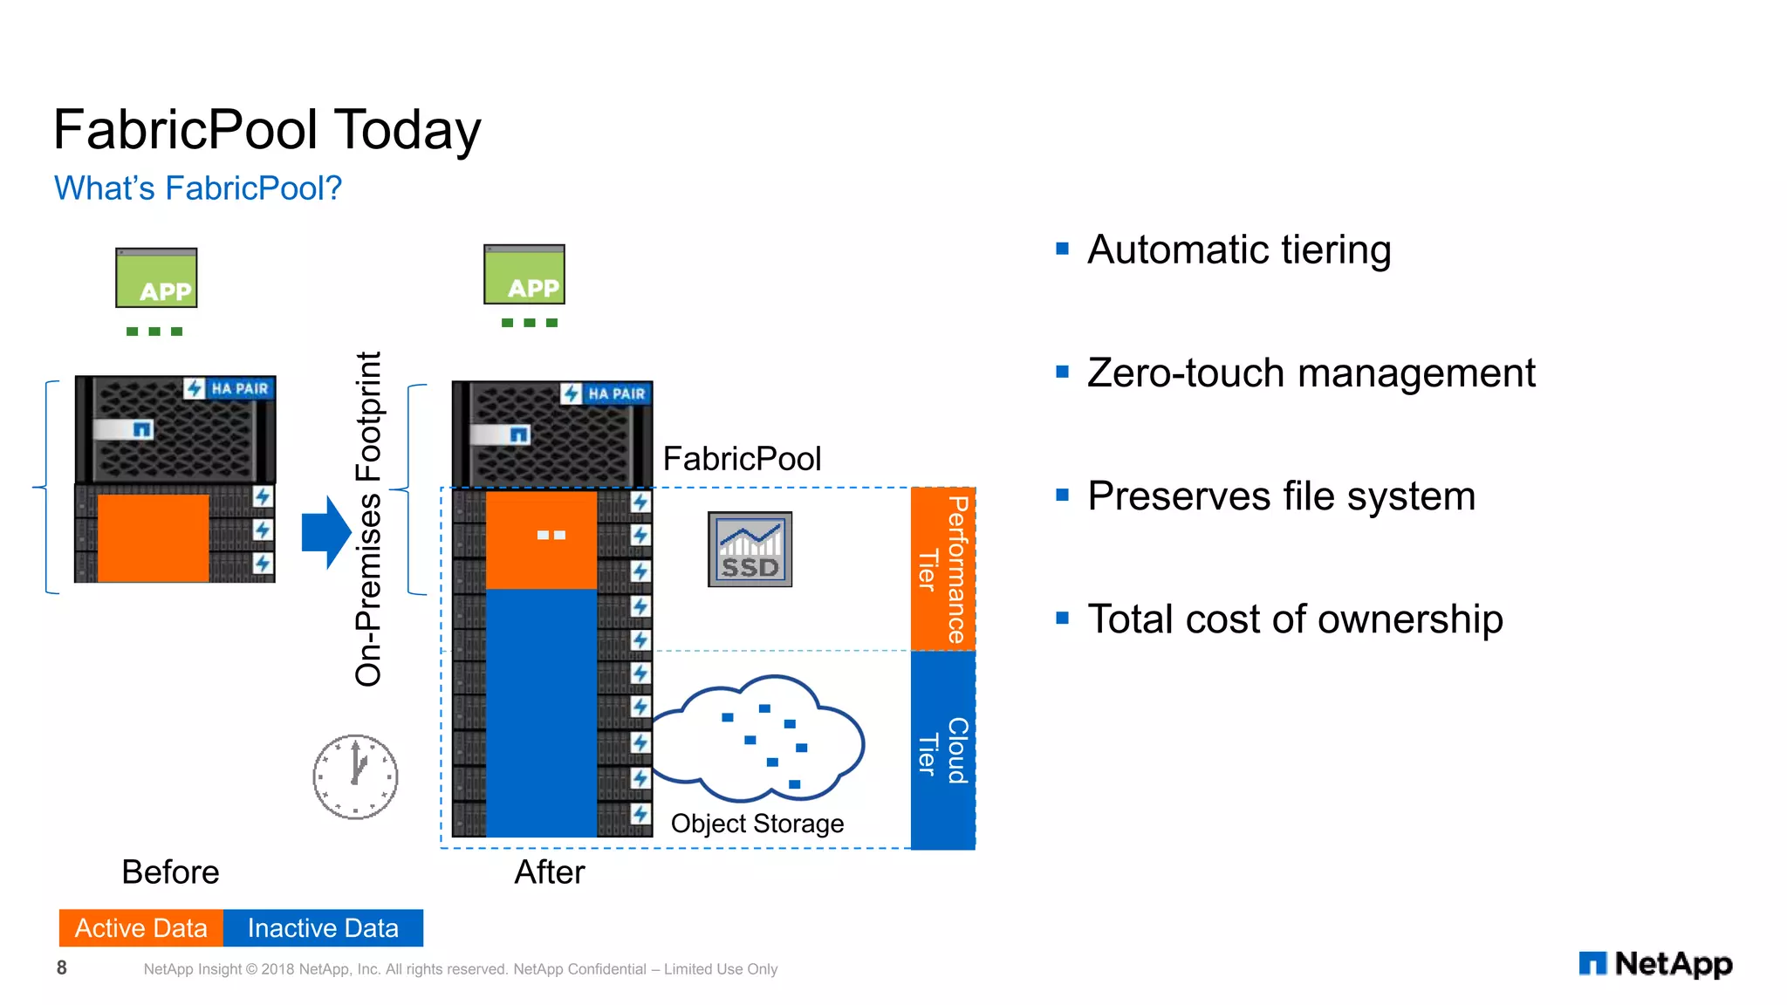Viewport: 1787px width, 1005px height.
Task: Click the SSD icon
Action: pos(750,550)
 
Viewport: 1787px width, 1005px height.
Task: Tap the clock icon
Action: pos(355,776)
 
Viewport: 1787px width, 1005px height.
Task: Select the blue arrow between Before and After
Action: pos(325,532)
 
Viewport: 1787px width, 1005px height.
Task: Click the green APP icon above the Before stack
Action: pos(156,278)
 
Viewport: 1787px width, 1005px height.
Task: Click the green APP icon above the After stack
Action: pos(524,275)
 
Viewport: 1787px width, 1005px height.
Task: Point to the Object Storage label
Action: pos(757,824)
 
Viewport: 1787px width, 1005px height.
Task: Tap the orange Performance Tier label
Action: pos(942,570)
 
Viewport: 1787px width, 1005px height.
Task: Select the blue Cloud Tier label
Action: pos(942,750)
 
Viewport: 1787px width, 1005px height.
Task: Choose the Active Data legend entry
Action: pos(141,927)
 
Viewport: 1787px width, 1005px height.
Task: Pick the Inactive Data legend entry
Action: pos(323,927)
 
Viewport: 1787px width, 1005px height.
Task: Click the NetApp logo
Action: pos(1655,964)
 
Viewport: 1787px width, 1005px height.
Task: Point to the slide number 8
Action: pos(62,967)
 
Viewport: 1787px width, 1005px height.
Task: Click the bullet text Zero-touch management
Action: pos(1311,373)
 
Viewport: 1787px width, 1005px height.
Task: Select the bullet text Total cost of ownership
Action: pos(1295,619)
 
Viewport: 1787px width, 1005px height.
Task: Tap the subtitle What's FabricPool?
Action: pos(198,188)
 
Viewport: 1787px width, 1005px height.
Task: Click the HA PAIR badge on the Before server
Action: pos(230,388)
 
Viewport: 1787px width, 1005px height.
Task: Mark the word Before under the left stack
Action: pos(170,872)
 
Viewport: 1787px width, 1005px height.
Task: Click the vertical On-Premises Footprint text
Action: pos(368,519)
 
